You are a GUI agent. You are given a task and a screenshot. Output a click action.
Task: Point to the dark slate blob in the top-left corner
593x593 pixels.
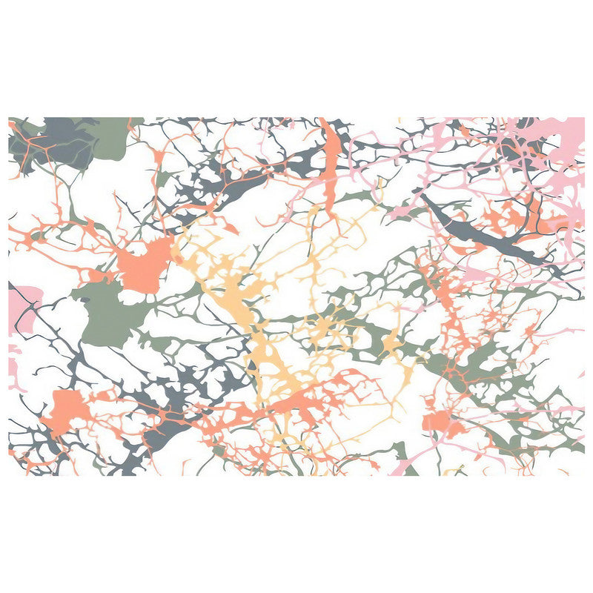(59, 141)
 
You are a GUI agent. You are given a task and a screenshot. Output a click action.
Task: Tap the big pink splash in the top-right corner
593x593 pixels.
(567, 141)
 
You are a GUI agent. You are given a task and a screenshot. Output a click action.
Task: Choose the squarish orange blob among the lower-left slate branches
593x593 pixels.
(67, 411)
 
